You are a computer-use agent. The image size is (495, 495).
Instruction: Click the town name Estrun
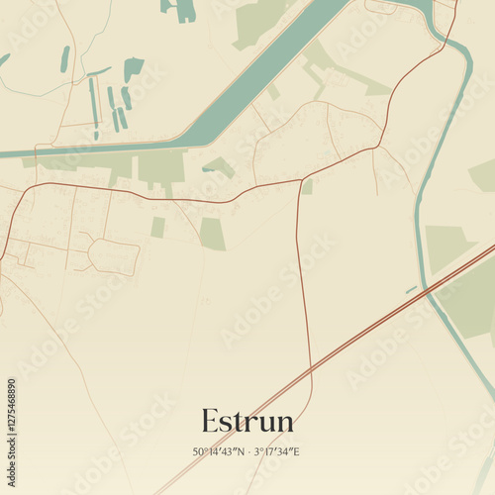pos(247,421)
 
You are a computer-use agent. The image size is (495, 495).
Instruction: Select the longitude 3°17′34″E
pos(278,451)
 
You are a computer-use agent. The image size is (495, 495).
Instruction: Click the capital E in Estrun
pos(210,421)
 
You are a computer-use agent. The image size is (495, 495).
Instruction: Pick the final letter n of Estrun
pos(284,423)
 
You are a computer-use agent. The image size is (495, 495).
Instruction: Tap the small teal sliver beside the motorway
pos(411,289)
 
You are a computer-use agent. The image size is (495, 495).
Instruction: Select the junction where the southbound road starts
pos(300,181)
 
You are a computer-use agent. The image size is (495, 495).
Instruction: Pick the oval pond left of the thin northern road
pos(65,59)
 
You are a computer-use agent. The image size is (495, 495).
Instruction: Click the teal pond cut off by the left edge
pos(4,59)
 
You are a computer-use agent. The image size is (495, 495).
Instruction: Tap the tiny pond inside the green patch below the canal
pos(210,169)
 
